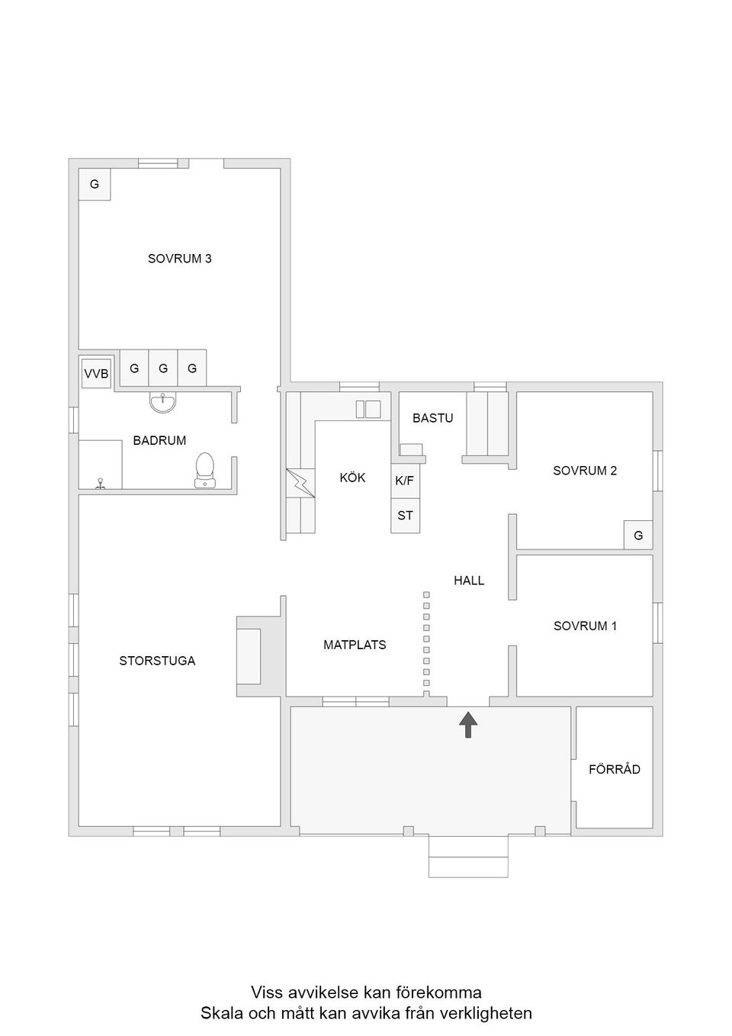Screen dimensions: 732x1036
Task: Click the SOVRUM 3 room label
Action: point(179,258)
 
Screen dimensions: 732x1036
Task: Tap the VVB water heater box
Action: point(96,373)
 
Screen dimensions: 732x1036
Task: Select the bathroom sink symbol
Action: point(162,402)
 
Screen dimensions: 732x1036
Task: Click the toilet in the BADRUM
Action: point(204,470)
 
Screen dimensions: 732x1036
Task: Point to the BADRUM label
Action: point(159,440)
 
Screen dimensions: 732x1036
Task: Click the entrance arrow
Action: point(468,724)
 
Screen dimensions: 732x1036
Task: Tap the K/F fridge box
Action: point(405,481)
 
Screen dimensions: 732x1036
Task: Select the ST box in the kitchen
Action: point(406,515)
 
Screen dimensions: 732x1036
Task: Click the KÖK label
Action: point(352,478)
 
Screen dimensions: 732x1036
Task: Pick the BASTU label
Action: point(433,418)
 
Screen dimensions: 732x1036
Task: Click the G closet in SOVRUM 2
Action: point(638,535)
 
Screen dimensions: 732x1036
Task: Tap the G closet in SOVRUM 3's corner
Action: point(95,184)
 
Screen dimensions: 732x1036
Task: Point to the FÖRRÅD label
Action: point(615,769)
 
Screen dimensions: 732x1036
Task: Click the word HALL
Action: point(469,581)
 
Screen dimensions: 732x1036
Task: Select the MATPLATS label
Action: point(355,645)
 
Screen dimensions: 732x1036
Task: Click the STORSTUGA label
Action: point(157,661)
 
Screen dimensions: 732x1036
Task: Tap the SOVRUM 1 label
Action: point(585,626)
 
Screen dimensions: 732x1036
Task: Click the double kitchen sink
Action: point(368,410)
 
